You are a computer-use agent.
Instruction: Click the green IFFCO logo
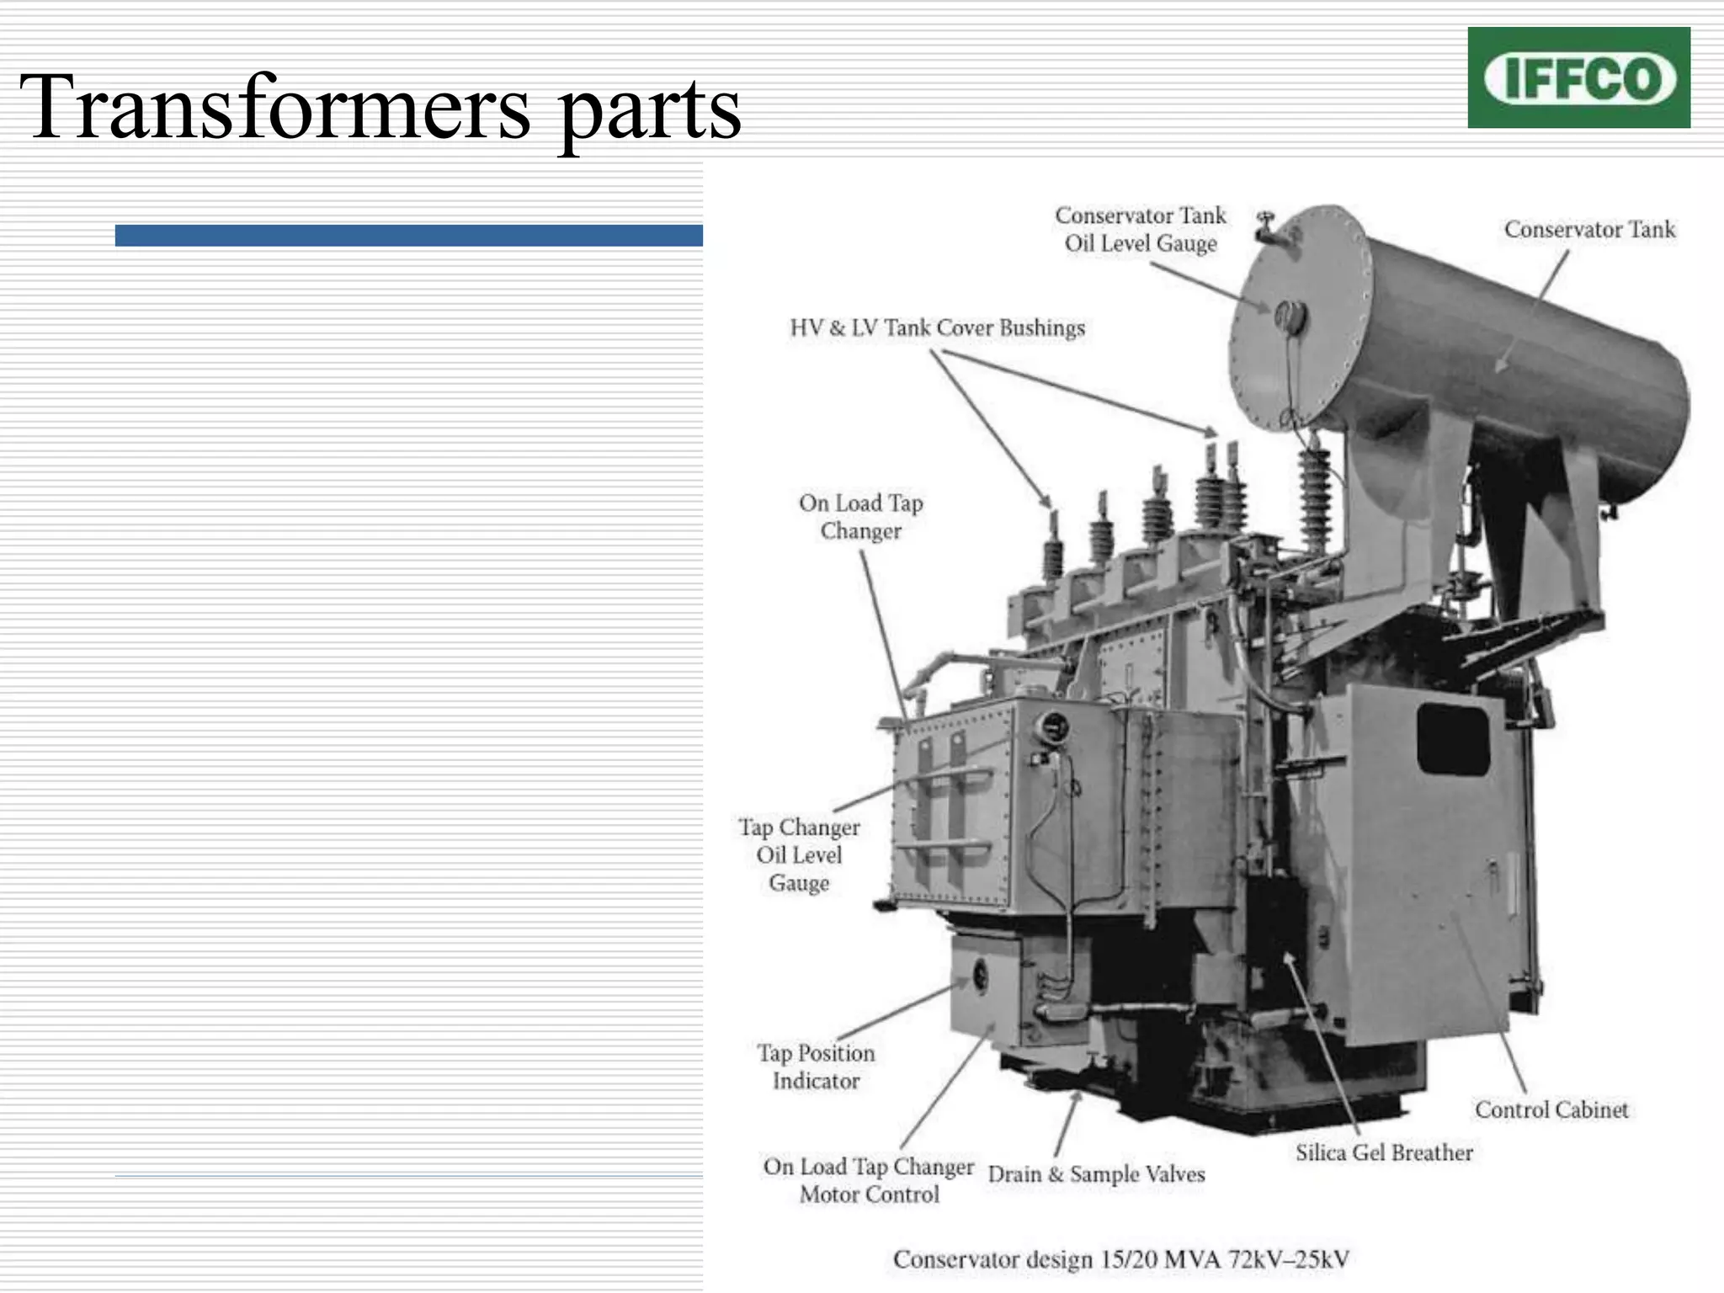point(1578,77)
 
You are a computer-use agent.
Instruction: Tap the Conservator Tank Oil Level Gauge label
point(1141,229)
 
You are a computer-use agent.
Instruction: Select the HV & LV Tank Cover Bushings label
point(937,327)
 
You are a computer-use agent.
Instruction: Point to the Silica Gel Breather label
point(1384,1152)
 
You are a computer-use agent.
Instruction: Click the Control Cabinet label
point(1551,1109)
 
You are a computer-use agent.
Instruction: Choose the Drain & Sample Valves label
point(1096,1173)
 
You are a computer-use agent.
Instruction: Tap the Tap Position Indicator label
point(816,1067)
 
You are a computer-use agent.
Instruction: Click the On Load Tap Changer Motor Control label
point(869,1180)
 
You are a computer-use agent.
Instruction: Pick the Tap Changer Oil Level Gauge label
point(799,854)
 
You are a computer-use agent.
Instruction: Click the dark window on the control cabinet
point(1454,739)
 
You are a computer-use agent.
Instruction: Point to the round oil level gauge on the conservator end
point(1290,318)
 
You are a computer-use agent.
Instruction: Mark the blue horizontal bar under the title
point(408,236)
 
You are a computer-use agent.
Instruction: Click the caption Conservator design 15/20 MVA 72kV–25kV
point(1120,1259)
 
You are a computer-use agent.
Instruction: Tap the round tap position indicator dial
point(980,976)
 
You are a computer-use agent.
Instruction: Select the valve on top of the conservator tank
point(1265,227)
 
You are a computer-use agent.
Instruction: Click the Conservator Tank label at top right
point(1589,229)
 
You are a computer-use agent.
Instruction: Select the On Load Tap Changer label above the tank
point(860,517)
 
